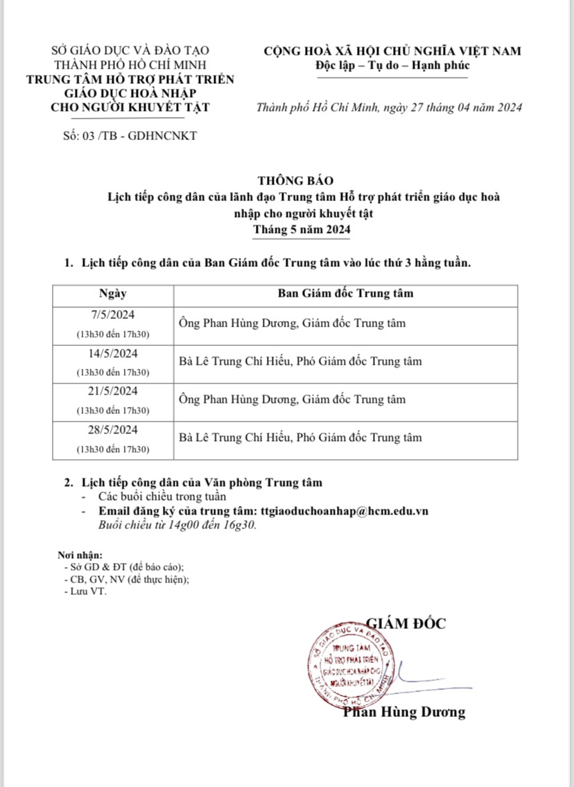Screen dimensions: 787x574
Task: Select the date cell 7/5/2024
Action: pyautogui.click(x=113, y=315)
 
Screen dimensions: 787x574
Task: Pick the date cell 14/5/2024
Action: pyautogui.click(x=113, y=353)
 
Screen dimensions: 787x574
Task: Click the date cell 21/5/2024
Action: pyautogui.click(x=113, y=391)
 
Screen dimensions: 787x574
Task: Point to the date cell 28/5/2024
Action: pyautogui.click(x=113, y=429)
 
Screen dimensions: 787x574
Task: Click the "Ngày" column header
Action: pyautogui.click(x=113, y=293)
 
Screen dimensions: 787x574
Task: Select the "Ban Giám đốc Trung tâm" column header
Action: pyautogui.click(x=345, y=293)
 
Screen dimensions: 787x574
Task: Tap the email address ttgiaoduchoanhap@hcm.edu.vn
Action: pyautogui.click(x=345, y=511)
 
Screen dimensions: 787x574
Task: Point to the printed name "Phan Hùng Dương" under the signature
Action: pyautogui.click(x=405, y=712)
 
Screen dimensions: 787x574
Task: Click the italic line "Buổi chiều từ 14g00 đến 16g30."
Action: pyautogui.click(x=177, y=525)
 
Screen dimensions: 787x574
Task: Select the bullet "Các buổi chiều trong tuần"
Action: pyautogui.click(x=162, y=496)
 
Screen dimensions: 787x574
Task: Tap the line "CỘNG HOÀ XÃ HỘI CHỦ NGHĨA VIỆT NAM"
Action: pyautogui.click(x=392, y=51)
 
